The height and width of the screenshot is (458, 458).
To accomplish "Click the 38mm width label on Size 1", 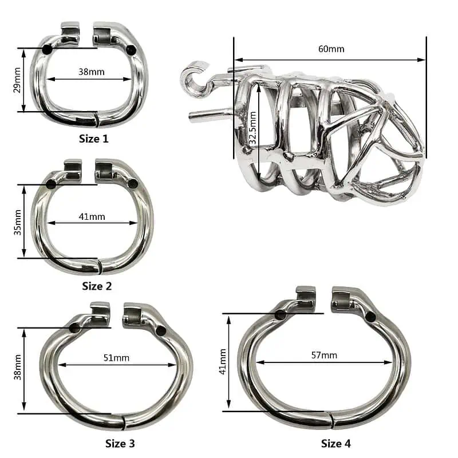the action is tap(92, 72).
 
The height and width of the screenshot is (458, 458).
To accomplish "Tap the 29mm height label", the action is tap(17, 80).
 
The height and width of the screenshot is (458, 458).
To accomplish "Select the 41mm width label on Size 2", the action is tap(92, 216).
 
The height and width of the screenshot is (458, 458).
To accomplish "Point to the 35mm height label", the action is tap(18, 222).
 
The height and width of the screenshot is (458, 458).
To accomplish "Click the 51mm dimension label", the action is tap(116, 357).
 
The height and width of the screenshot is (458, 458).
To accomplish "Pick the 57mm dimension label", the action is tap(324, 355).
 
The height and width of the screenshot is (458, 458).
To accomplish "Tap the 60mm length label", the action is tap(331, 49).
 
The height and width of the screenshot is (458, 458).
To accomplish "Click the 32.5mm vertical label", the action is tap(253, 128).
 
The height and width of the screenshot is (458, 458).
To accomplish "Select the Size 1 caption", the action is tap(94, 139).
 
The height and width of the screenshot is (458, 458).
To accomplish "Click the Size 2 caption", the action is tap(97, 286).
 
